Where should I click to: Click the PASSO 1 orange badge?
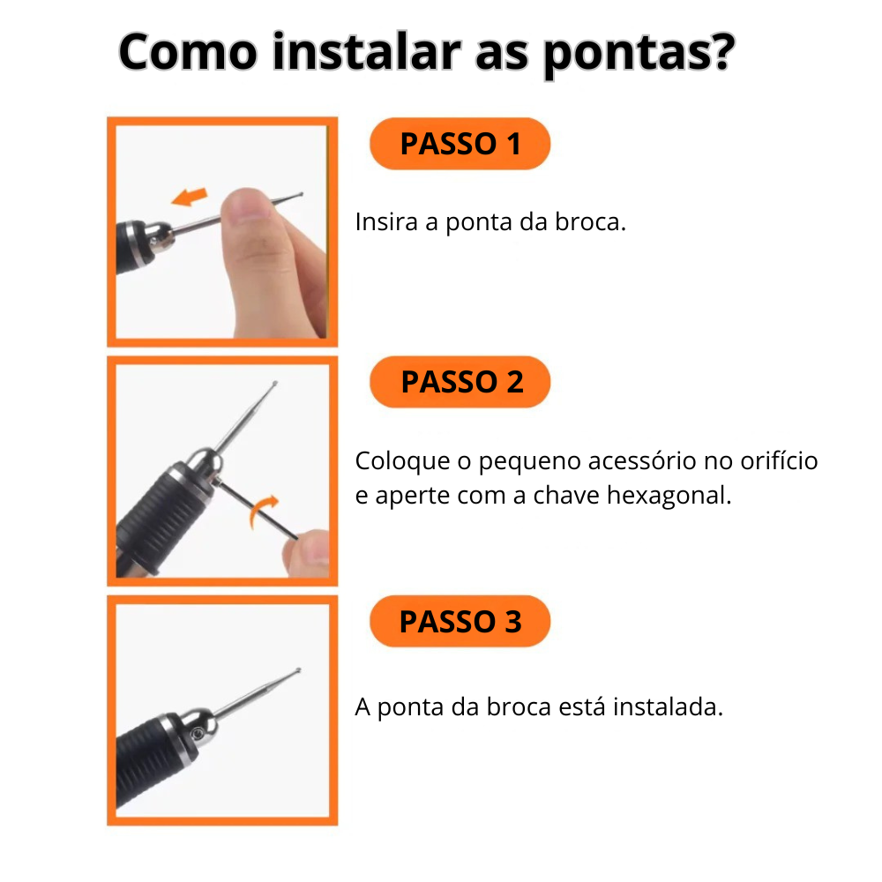pyautogui.click(x=460, y=144)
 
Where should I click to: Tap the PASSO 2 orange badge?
pyautogui.click(x=460, y=382)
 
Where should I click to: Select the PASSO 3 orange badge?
pyautogui.click(x=460, y=622)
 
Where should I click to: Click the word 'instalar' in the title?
pyautogui.click(x=367, y=53)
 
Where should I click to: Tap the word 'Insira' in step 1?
pyautogui.click(x=386, y=221)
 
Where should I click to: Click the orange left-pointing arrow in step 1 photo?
pyautogui.click(x=190, y=196)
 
